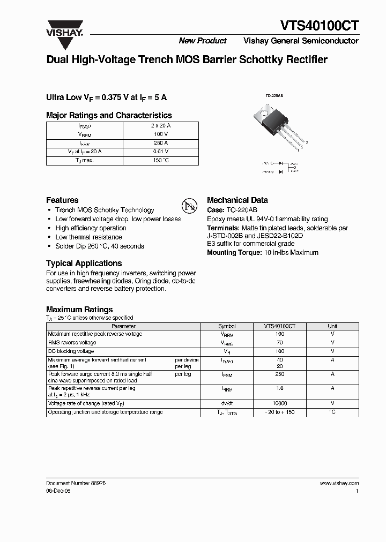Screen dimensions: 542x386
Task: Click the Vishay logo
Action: tap(64, 27)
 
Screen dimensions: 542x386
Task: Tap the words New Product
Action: tap(202, 41)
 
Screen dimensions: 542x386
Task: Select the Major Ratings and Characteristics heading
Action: tap(109, 115)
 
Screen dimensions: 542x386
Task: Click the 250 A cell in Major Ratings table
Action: tap(161, 143)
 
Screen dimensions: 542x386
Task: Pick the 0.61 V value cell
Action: tap(161, 152)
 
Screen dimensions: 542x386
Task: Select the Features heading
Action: tap(62, 200)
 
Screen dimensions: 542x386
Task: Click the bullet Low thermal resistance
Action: tap(88, 237)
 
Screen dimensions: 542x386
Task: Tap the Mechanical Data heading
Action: tap(237, 200)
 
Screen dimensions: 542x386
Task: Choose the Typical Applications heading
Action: tap(84, 263)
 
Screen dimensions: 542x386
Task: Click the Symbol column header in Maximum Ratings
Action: tap(227, 326)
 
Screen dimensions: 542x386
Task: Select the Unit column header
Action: tap(332, 326)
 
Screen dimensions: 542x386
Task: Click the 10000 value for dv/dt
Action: tap(279, 403)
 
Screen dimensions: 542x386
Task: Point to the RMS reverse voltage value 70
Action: tap(279, 342)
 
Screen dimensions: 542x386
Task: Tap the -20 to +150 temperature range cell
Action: tap(279, 412)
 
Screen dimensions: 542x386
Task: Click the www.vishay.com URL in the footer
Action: tap(339, 483)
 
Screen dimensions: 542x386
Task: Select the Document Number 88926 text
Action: tap(76, 483)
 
